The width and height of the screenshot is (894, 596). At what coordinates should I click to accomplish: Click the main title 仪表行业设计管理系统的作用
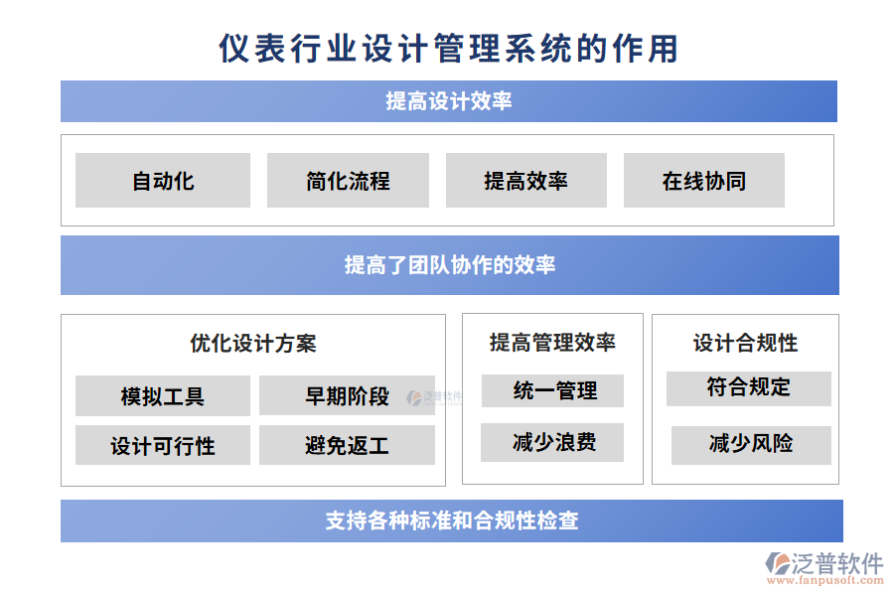pyautogui.click(x=448, y=48)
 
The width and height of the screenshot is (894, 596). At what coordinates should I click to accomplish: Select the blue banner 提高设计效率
pyautogui.click(x=448, y=101)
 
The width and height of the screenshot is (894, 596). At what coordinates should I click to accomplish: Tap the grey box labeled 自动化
pyautogui.click(x=163, y=181)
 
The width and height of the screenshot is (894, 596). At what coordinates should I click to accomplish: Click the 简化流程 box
pyautogui.click(x=348, y=181)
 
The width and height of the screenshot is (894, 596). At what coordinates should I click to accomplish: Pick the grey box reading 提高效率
pyautogui.click(x=525, y=181)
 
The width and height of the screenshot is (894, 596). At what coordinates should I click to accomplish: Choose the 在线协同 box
pyautogui.click(x=703, y=181)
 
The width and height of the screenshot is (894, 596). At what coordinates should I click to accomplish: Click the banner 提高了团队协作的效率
pyautogui.click(x=449, y=265)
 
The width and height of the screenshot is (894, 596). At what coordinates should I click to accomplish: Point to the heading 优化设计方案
pyautogui.click(x=253, y=344)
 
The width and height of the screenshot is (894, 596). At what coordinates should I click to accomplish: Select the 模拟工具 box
pyautogui.click(x=163, y=396)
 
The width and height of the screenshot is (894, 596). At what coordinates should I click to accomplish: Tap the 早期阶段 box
pyautogui.click(x=347, y=396)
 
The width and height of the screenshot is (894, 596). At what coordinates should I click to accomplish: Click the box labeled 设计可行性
pyautogui.click(x=163, y=446)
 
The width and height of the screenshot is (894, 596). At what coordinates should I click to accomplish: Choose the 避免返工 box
pyautogui.click(x=347, y=446)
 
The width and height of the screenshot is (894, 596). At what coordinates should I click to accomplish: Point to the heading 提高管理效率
pyautogui.click(x=552, y=343)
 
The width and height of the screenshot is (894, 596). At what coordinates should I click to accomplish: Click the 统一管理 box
pyautogui.click(x=552, y=391)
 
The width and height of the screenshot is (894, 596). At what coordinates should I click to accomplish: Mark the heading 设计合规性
pyautogui.click(x=745, y=343)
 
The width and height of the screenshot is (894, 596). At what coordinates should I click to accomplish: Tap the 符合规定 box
pyautogui.click(x=748, y=388)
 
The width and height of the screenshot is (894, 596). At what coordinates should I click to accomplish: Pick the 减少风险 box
pyautogui.click(x=750, y=444)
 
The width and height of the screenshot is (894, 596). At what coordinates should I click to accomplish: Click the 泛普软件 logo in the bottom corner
pyautogui.click(x=823, y=567)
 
